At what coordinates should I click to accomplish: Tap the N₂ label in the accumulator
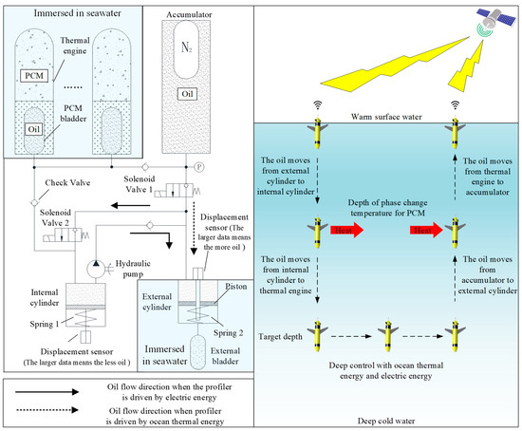[186, 47]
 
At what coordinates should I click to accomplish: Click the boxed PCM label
[34, 76]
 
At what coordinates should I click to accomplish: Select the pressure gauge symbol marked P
[199, 167]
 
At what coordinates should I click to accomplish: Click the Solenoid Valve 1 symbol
[177, 191]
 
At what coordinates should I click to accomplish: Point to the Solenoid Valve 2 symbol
[65, 235]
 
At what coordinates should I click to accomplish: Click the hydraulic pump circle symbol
[96, 269]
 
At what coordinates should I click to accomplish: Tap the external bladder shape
[197, 352]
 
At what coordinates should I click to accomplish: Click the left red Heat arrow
[346, 230]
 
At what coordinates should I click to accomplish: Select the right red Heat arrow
[426, 230]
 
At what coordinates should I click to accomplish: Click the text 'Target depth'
[280, 337]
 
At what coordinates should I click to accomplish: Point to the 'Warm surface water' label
[386, 117]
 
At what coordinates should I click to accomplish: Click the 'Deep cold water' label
[386, 421]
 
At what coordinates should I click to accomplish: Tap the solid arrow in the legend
[47, 392]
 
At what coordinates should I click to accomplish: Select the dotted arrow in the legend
[47, 410]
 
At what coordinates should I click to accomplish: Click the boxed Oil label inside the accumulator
[187, 94]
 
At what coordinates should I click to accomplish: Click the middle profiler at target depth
[388, 335]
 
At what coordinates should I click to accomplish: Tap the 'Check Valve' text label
[67, 183]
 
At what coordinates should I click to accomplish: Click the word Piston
[236, 287]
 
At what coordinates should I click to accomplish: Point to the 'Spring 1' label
[45, 324]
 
